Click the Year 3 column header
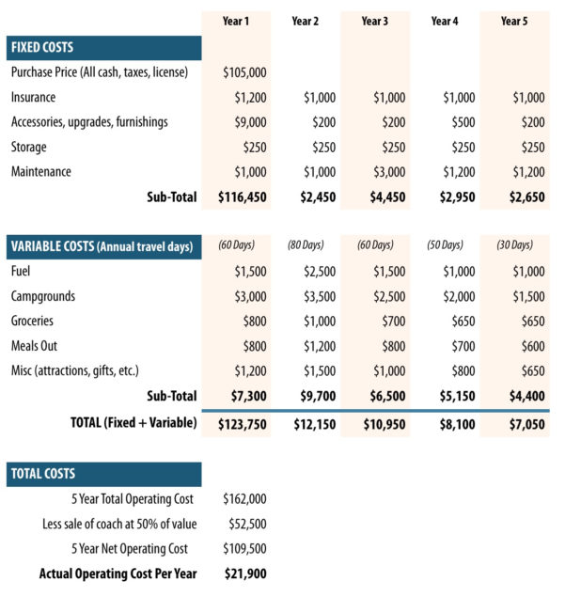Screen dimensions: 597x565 pos(375,21)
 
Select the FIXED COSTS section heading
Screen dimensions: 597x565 pos(42,47)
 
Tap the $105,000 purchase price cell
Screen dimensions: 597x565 pos(244,72)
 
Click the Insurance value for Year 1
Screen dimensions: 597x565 pos(250,97)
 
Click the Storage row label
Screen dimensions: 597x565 pos(29,147)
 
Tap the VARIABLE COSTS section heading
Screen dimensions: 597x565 pos(102,246)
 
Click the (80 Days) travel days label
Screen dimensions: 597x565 pos(306,246)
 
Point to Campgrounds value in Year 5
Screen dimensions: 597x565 pos(524,296)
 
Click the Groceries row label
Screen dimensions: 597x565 pos(33,321)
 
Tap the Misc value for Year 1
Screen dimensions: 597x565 pos(250,371)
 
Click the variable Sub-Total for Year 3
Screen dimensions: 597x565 pos(383,397)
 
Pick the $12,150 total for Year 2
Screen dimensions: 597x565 pos(309,424)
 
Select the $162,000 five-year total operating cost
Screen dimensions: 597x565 pos(244,499)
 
